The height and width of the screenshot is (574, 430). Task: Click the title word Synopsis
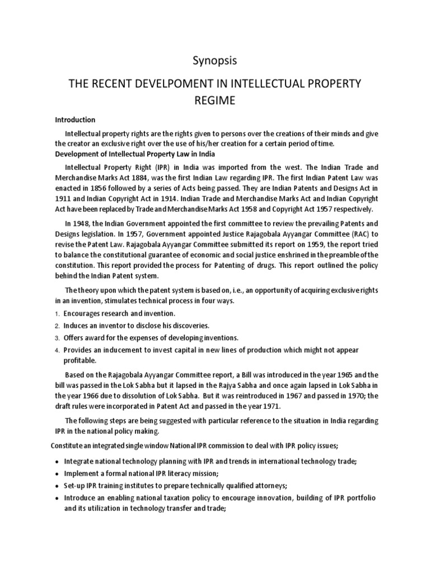[x=214, y=60]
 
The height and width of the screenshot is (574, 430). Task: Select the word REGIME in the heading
[x=214, y=102]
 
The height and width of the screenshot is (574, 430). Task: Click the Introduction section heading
[x=75, y=120]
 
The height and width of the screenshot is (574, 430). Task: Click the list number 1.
[x=57, y=314]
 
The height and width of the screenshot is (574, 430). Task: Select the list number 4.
[x=57, y=350]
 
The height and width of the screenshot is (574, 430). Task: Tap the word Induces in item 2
[x=76, y=326]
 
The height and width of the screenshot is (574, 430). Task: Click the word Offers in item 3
[x=74, y=338]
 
